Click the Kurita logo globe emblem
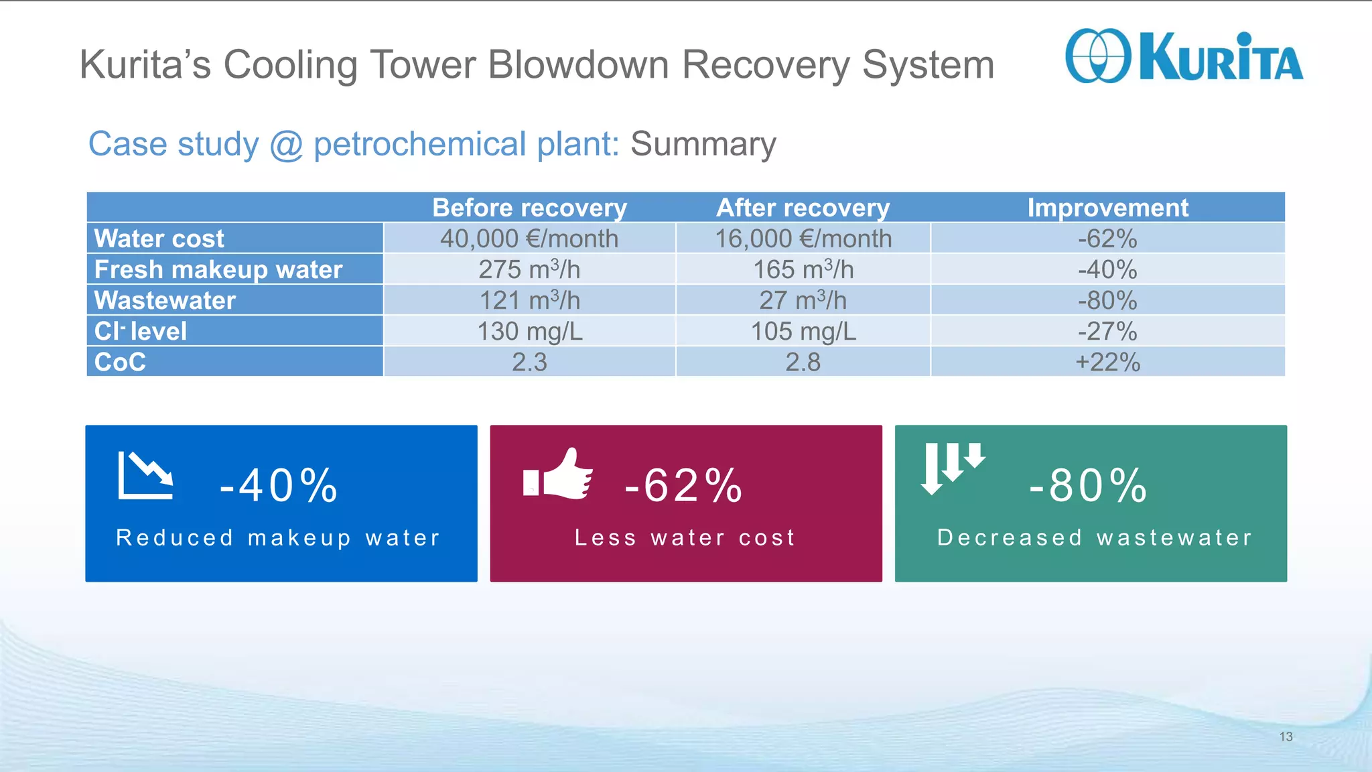click(x=1097, y=56)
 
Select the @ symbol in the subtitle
click(x=286, y=145)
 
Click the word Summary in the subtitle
click(x=703, y=144)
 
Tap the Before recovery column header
click(x=529, y=208)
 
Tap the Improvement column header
click(x=1107, y=208)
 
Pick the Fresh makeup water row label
click(x=218, y=269)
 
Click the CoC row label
click(x=121, y=362)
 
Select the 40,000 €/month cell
click(x=529, y=239)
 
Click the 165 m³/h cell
click(x=803, y=269)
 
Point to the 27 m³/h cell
click(x=803, y=300)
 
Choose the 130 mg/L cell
click(x=529, y=331)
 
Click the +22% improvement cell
click(x=1107, y=362)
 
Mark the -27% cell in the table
click(x=1107, y=331)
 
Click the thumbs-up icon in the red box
click(x=559, y=475)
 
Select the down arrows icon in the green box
click(x=952, y=467)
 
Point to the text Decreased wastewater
click(x=1094, y=537)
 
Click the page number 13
click(x=1286, y=736)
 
